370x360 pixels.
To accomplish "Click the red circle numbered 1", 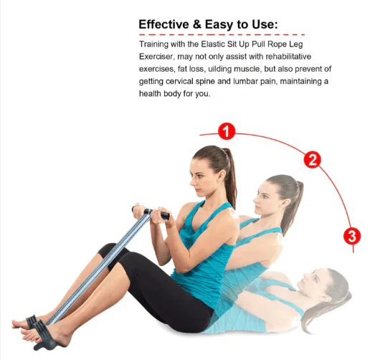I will (x=227, y=132).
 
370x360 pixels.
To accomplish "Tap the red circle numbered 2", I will (x=312, y=159).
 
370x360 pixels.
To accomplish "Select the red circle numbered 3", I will (x=351, y=235).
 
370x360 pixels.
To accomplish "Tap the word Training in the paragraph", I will (x=156, y=45).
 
